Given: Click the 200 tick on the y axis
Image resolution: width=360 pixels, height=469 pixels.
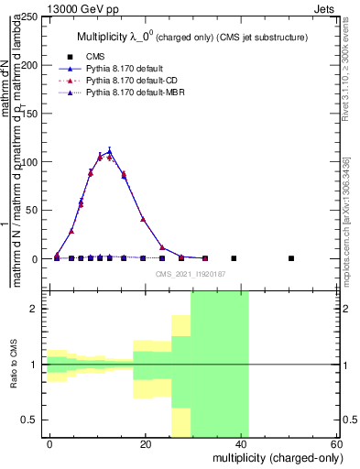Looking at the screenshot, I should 31,66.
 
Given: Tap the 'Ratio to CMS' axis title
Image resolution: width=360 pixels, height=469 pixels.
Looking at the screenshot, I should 15,365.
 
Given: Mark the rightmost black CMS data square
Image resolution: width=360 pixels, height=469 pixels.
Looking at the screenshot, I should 291,258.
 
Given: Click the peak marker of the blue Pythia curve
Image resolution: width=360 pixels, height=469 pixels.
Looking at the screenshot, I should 110,151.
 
